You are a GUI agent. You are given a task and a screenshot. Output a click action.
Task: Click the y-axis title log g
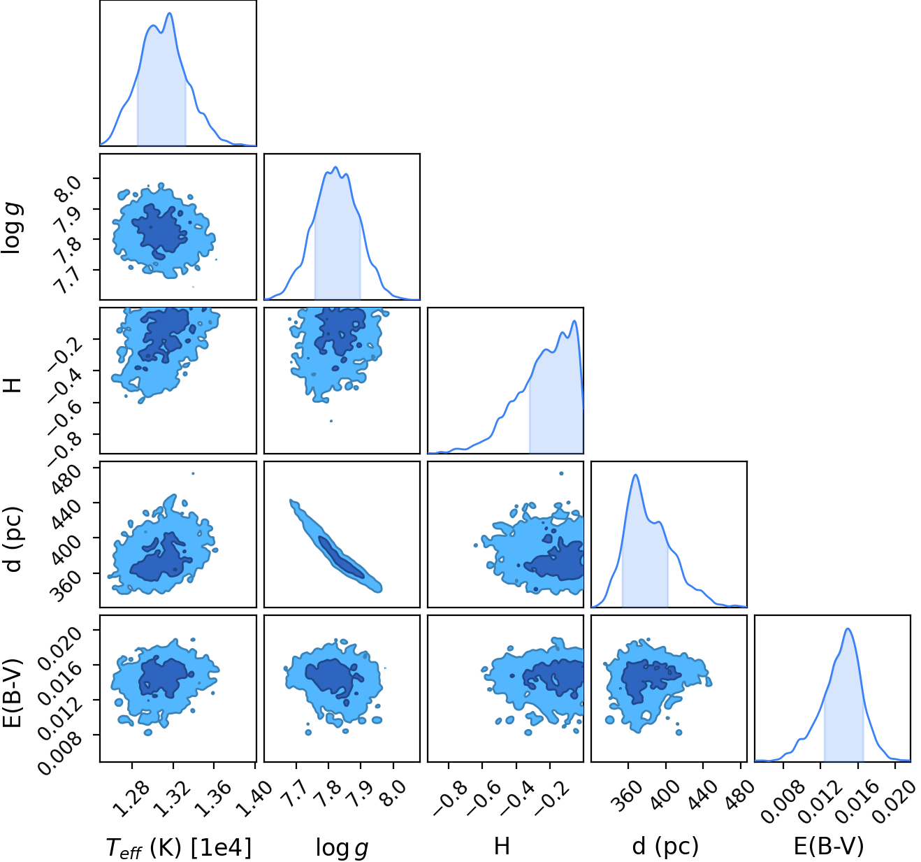pyautogui.click(x=13, y=229)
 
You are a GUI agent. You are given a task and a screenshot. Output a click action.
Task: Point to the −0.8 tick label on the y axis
pyautogui.click(x=65, y=445)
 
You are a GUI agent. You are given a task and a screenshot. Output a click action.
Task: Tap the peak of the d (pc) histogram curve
pyautogui.click(x=635, y=475)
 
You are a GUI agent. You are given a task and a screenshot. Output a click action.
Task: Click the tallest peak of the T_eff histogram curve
pyautogui.click(x=170, y=13)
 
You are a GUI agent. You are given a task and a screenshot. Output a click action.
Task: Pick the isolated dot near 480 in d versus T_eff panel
pyautogui.click(x=193, y=473)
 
